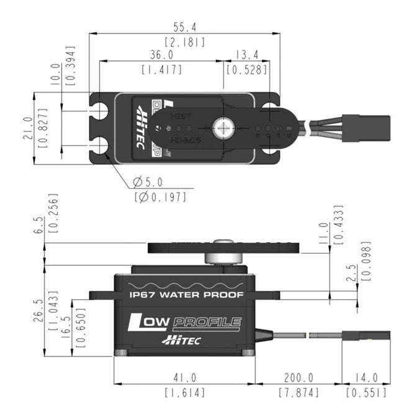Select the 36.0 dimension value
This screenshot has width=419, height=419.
[161, 55]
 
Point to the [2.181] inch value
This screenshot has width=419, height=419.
[184, 42]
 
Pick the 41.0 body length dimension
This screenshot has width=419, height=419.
[184, 377]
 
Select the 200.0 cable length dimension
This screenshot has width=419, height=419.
[298, 377]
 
